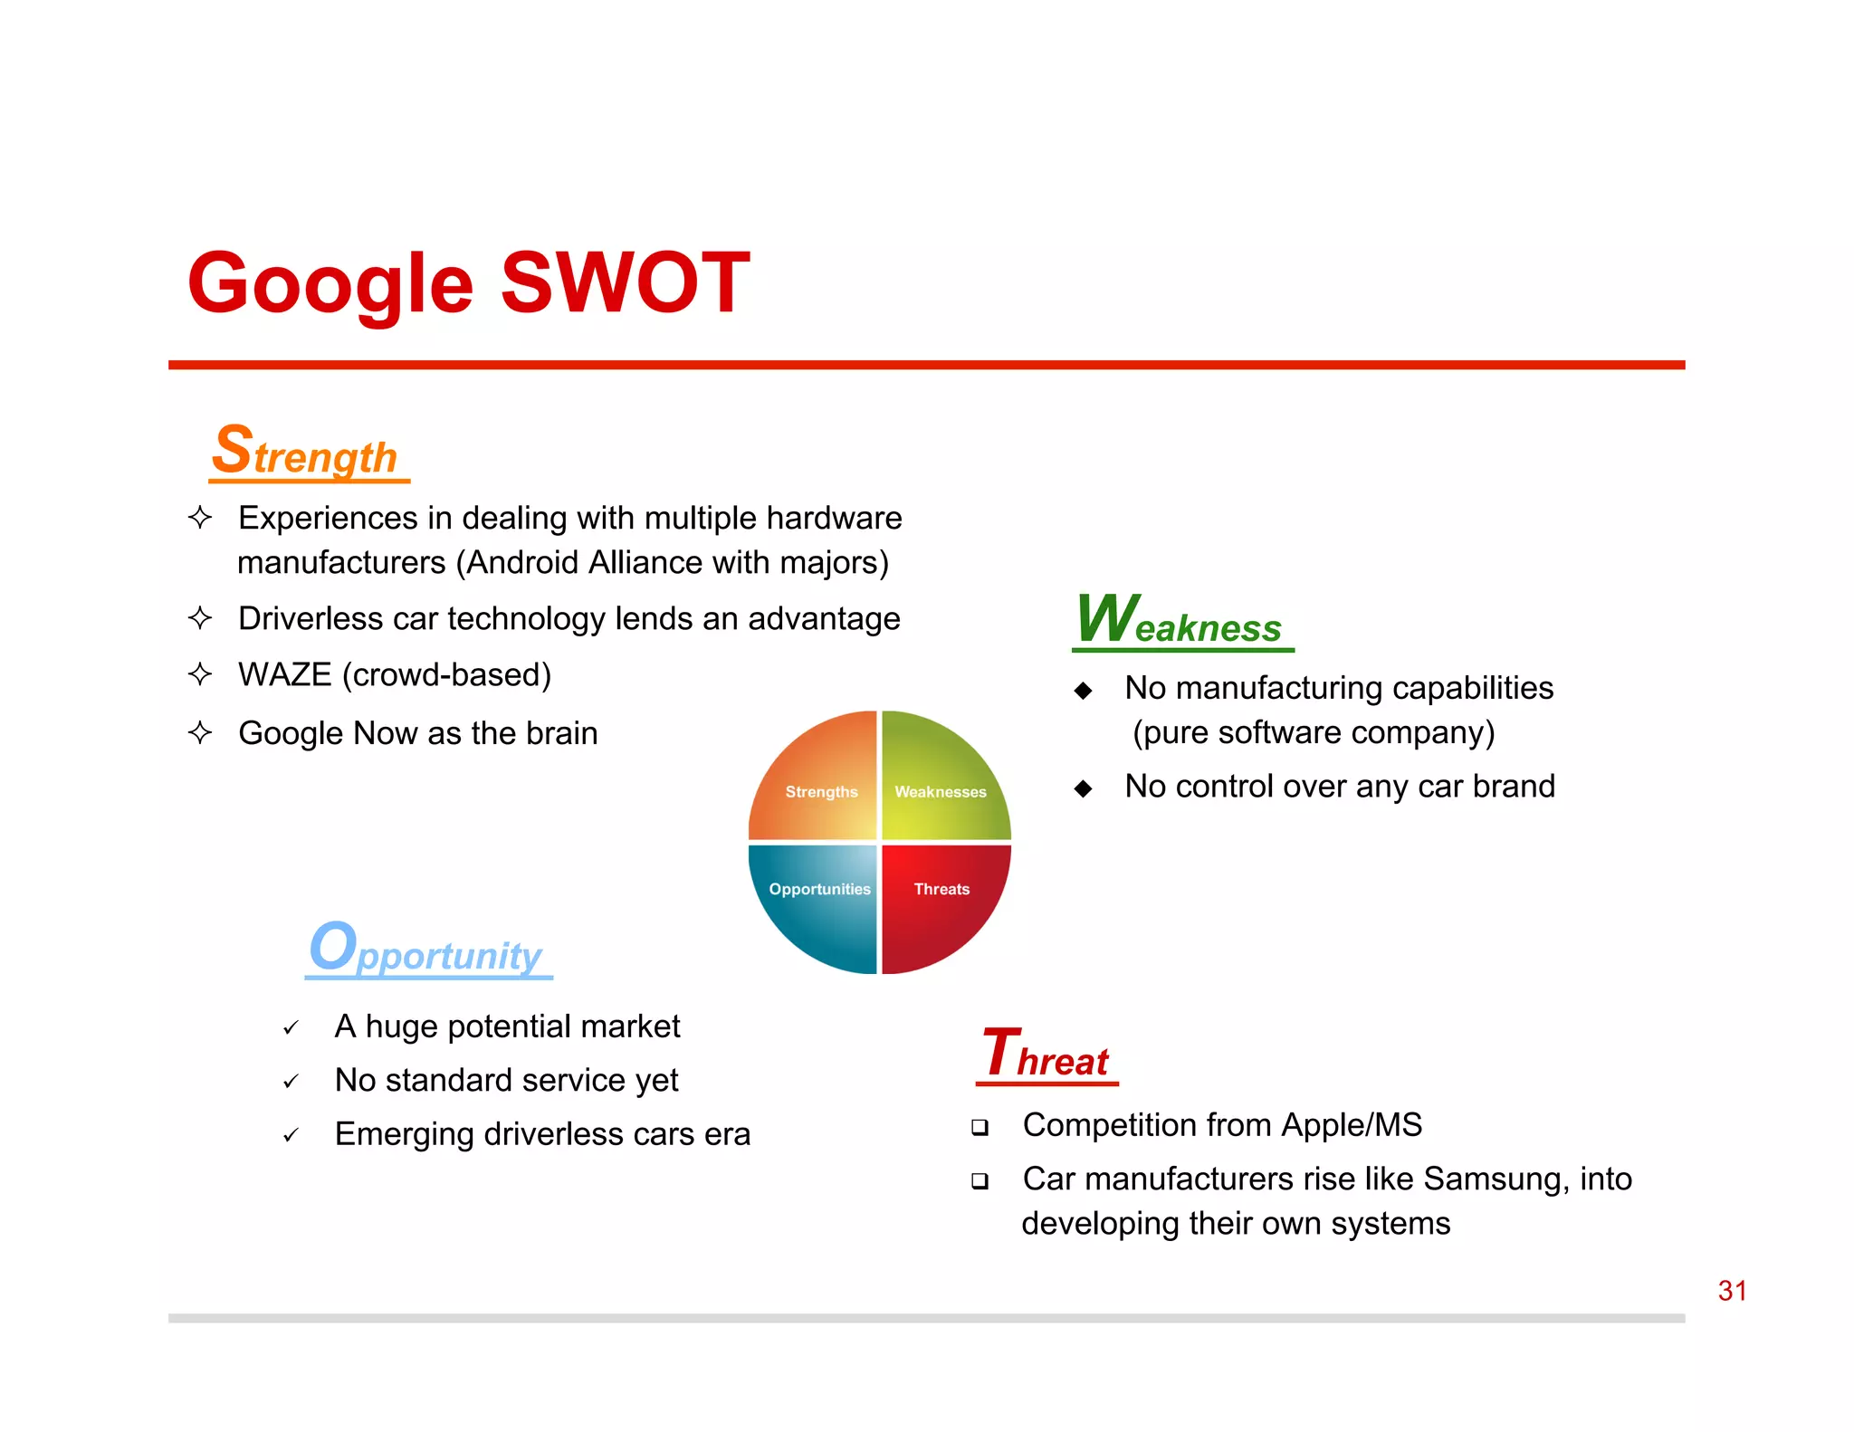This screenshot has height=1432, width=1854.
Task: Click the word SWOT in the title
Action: (625, 282)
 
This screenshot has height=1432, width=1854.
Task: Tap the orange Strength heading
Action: (306, 452)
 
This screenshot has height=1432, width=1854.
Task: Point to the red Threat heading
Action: (1046, 1055)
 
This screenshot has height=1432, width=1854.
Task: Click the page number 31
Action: (1732, 1291)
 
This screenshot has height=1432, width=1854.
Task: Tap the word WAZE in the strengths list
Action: (284, 675)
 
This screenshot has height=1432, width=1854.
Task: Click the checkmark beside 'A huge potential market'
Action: (291, 1028)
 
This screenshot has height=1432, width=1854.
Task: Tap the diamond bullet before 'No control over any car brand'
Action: (1083, 788)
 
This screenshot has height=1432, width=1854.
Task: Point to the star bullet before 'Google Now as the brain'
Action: (200, 732)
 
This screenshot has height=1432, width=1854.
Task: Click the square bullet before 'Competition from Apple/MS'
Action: (980, 1128)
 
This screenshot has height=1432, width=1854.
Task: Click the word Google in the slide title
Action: (331, 284)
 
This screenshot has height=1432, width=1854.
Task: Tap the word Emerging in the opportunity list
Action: (405, 1134)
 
